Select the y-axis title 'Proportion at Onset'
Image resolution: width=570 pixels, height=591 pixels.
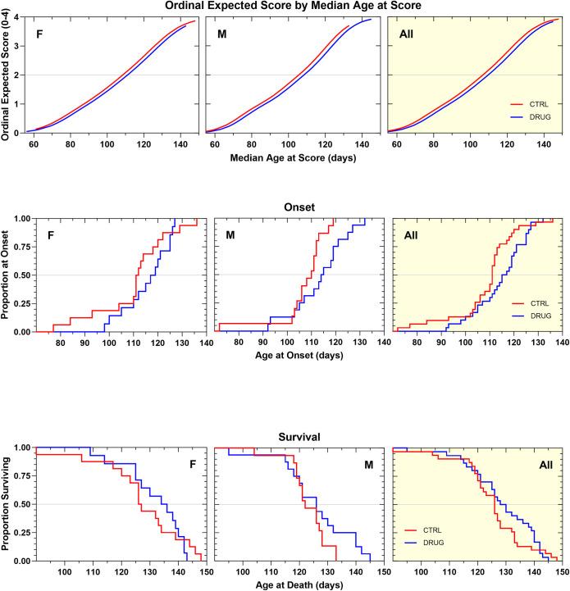tap(7, 275)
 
